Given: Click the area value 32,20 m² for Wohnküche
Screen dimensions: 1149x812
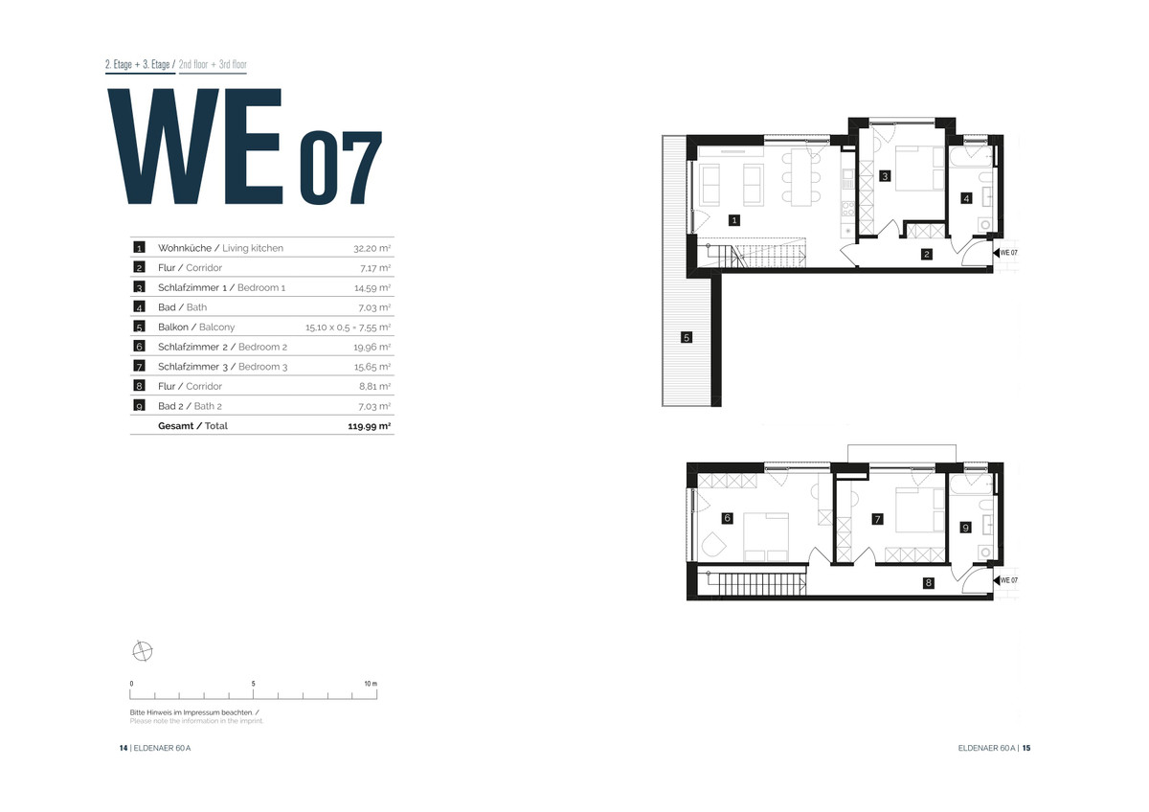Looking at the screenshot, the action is click(372, 248).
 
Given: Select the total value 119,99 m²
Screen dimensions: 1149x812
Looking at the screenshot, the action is click(370, 426).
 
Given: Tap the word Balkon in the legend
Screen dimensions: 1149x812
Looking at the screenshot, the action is click(173, 327).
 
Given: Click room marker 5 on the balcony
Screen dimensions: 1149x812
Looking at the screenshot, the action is click(687, 337).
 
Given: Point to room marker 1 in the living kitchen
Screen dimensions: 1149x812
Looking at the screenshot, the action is click(734, 220).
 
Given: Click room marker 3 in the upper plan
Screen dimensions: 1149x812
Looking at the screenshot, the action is click(885, 176).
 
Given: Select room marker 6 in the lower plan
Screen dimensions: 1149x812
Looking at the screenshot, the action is click(727, 518).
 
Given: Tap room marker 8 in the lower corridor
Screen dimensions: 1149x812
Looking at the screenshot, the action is click(928, 583).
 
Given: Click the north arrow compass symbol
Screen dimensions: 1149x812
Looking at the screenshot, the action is click(142, 651).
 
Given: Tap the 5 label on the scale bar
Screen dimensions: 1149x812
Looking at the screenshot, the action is click(254, 684).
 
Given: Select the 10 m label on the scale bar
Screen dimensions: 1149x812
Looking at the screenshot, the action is click(371, 684).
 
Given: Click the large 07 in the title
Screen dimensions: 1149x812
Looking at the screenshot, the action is click(341, 168).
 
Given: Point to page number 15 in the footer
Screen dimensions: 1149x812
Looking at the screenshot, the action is click(1025, 748).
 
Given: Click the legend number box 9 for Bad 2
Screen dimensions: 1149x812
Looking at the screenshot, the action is click(139, 406).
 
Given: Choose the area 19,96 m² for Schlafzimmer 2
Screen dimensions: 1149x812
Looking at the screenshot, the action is click(372, 348).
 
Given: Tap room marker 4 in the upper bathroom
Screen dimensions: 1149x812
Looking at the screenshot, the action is click(966, 198).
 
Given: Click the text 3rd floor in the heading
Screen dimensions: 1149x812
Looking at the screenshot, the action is click(233, 64).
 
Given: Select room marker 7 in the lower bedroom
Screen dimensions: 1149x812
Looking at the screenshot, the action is click(878, 519).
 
